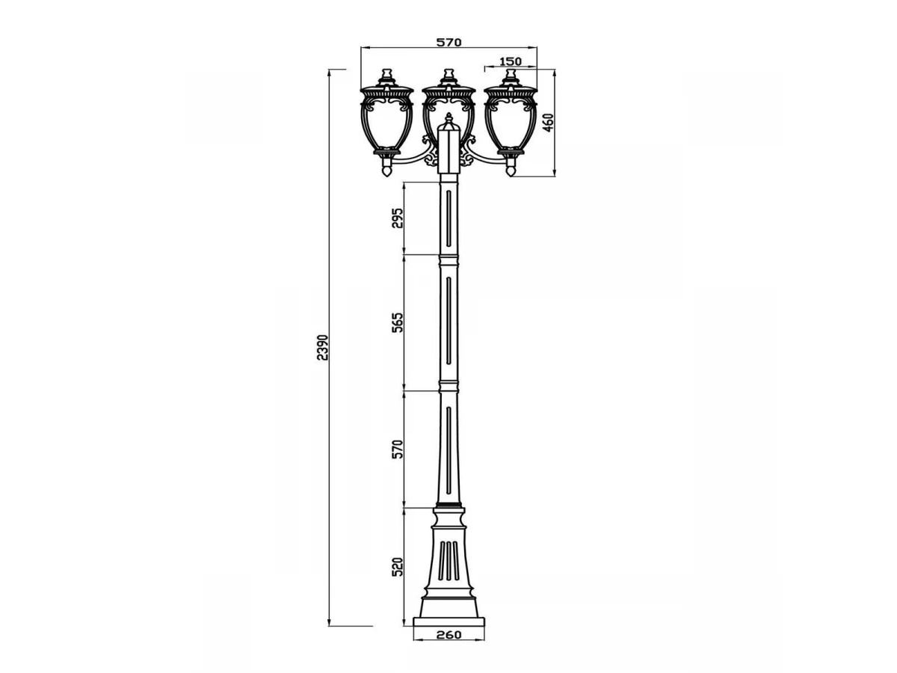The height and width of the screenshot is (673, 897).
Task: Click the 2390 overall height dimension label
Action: [x=322, y=347]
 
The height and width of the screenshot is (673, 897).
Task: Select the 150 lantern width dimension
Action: [x=511, y=61]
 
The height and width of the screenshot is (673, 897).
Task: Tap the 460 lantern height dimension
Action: [x=549, y=122]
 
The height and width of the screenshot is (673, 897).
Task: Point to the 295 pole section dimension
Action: [x=397, y=218]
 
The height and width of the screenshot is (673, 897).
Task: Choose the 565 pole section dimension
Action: [x=397, y=323]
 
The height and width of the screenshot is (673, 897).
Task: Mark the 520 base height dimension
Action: [x=397, y=566]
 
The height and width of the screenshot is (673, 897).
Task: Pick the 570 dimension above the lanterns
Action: [x=449, y=42]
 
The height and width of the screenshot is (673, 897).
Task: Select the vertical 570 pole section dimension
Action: [x=397, y=449]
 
